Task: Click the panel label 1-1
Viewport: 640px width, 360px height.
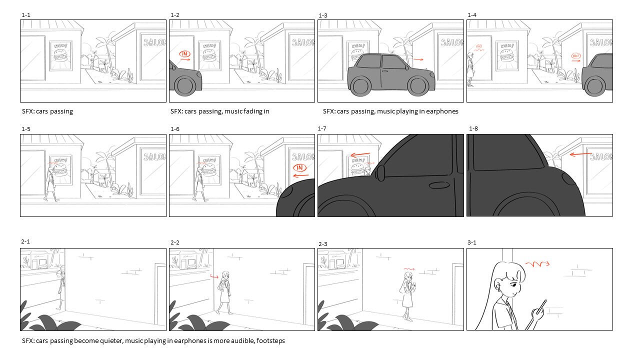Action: pyautogui.click(x=26, y=15)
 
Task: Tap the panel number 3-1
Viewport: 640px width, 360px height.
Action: pyautogui.click(x=472, y=242)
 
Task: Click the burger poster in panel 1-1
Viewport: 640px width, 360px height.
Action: pyautogui.click(x=60, y=55)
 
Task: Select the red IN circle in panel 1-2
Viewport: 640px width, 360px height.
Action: pyautogui.click(x=185, y=53)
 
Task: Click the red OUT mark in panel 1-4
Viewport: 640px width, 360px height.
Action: pyautogui.click(x=575, y=55)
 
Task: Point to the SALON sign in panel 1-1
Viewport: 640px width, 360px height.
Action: pyautogui.click(x=154, y=42)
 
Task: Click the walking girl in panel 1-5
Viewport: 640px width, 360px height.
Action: pyautogui.click(x=51, y=184)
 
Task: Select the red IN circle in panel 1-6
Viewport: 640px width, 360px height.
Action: pyautogui.click(x=299, y=167)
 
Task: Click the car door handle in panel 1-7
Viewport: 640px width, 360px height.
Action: pyautogui.click(x=439, y=185)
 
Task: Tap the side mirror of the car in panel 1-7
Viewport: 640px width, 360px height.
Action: pyautogui.click(x=381, y=173)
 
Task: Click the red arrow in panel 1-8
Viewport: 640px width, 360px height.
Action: pyautogui.click(x=580, y=154)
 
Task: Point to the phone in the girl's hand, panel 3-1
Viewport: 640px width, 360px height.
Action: pyautogui.click(x=541, y=306)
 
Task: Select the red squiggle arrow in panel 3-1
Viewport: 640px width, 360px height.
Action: pyautogui.click(x=537, y=264)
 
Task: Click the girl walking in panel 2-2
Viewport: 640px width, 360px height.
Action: pyautogui.click(x=224, y=292)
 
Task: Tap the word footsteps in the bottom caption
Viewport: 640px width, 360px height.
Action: pyautogui.click(x=270, y=341)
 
